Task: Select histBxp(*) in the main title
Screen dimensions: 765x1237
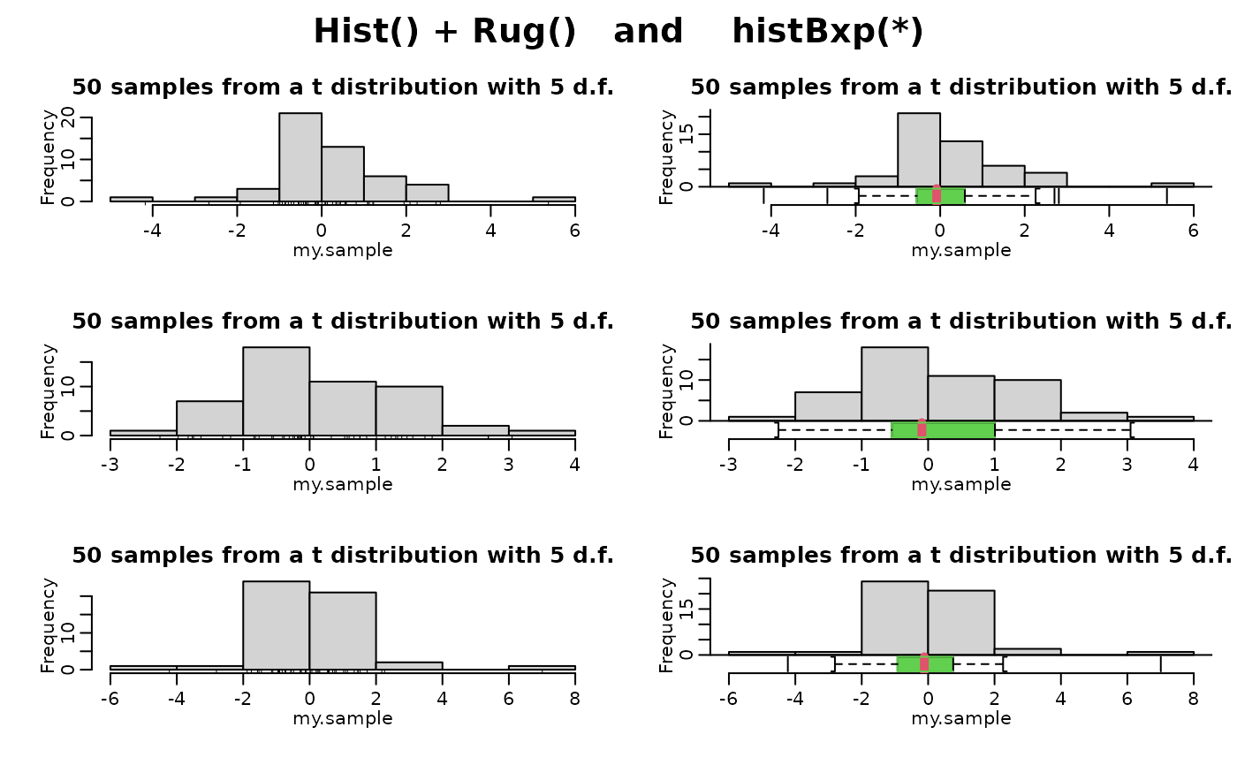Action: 827,33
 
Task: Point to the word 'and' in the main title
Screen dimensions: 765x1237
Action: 649,33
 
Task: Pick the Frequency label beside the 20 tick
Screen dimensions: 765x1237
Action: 49,157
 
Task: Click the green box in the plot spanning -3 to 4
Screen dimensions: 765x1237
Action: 944,430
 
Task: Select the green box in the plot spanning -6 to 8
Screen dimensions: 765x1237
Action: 925,663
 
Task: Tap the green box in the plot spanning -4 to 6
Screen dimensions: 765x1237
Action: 940,195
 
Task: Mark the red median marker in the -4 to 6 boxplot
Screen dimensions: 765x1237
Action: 937,195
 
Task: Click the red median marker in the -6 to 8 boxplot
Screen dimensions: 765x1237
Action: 924,663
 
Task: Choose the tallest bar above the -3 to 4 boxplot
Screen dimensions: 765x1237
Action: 894,382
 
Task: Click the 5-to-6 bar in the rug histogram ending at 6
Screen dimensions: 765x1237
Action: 554,199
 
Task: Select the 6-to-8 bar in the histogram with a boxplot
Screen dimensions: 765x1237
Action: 1160,653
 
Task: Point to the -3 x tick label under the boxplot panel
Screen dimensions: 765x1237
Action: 729,462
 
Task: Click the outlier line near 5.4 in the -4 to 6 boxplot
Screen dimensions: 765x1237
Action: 1166,195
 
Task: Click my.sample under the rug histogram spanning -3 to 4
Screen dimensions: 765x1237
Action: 343,484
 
